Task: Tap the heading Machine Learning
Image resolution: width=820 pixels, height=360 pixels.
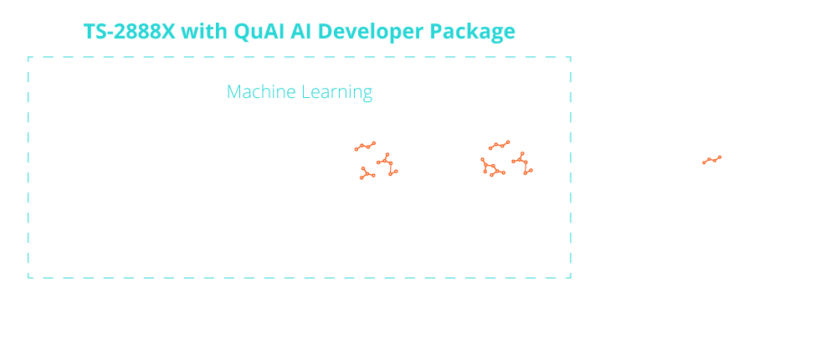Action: (x=300, y=91)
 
